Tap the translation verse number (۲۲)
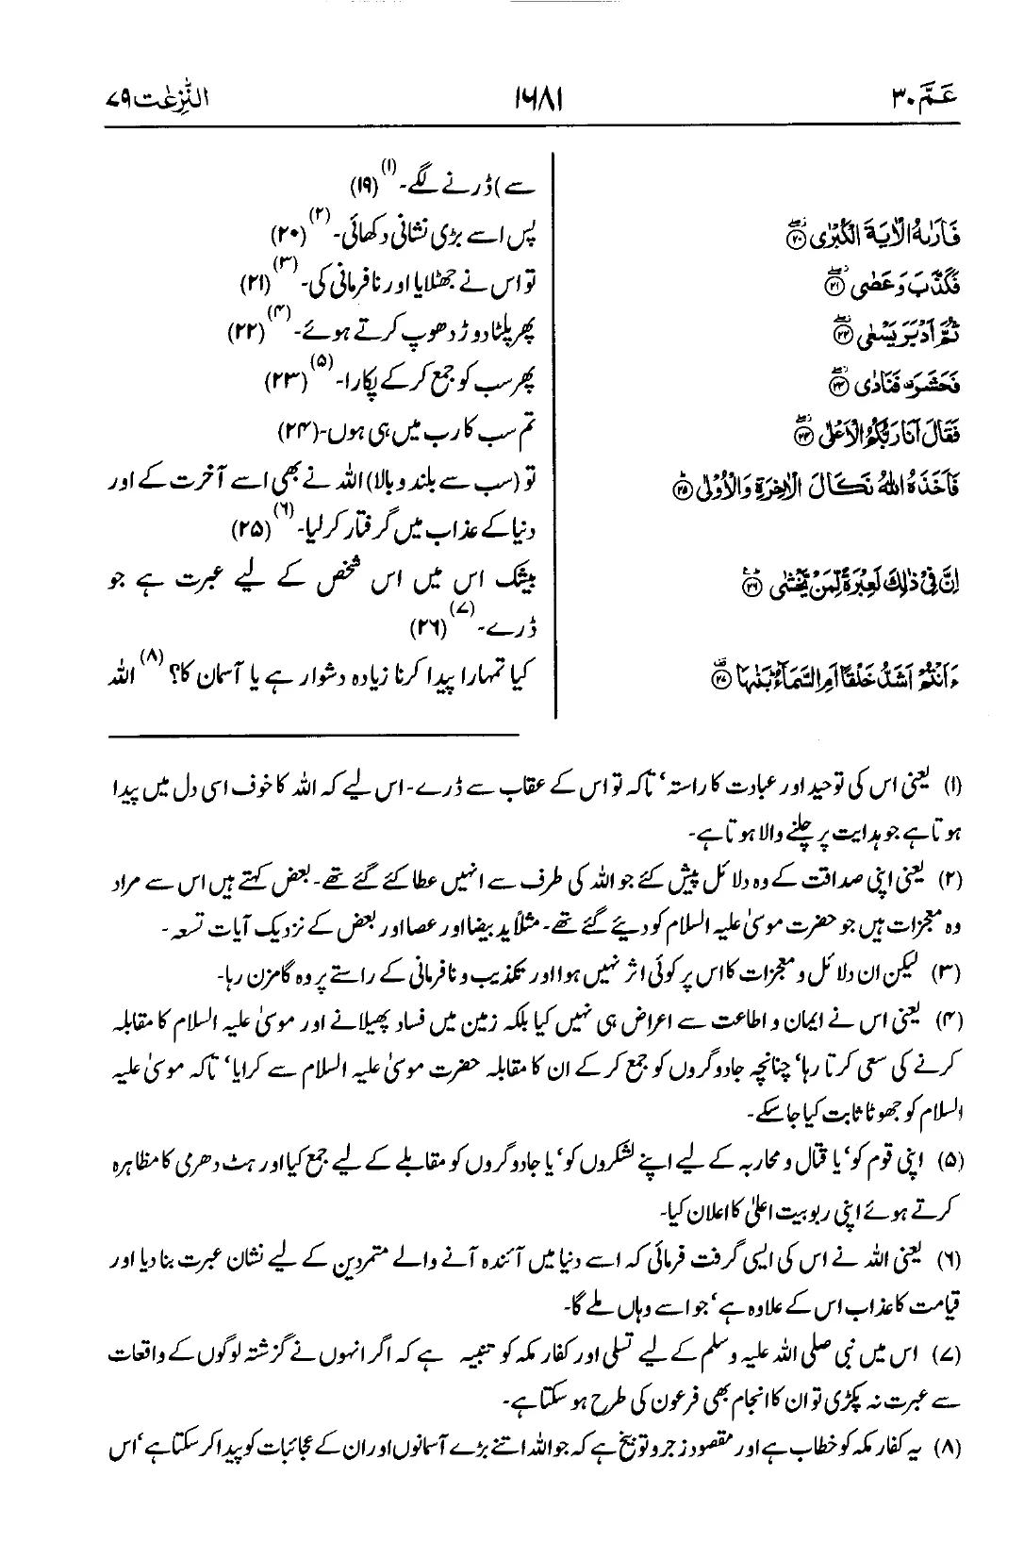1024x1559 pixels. (249, 331)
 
